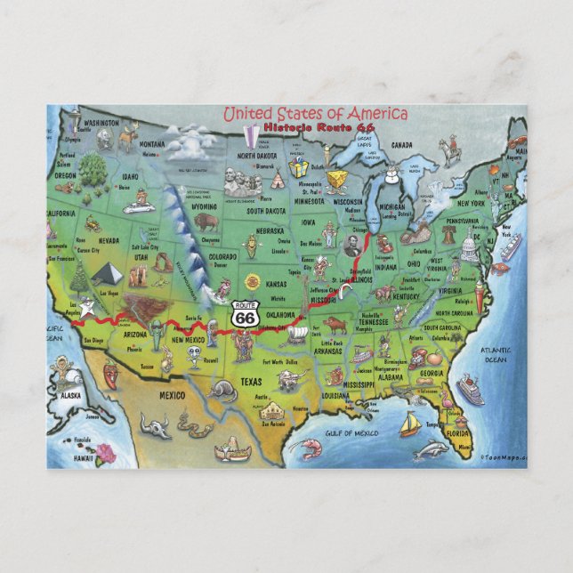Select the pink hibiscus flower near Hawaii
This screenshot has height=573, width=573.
106,453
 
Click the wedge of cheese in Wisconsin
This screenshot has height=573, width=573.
336,182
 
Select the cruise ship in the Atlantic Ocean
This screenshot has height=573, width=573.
470,389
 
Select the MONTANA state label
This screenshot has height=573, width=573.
152,144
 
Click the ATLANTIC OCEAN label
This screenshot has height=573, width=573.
496,355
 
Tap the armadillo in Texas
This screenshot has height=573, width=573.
222,389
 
